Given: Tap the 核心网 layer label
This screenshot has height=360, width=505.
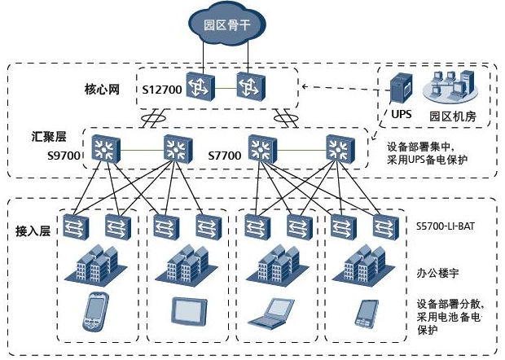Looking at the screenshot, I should point(102,89).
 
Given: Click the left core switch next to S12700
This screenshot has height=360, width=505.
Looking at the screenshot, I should point(198,86).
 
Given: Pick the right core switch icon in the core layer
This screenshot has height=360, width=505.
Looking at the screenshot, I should point(249,86).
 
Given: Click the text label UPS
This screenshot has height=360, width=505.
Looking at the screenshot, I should point(401,115).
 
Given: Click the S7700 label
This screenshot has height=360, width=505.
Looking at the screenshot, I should point(225,155).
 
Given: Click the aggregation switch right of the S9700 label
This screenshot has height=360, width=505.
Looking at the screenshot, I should point(103,148).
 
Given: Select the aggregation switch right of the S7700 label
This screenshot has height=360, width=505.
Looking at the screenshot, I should point(261,148).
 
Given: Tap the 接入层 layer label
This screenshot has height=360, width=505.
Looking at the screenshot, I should point(33,231).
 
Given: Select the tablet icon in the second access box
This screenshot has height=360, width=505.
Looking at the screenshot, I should point(183,310).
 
